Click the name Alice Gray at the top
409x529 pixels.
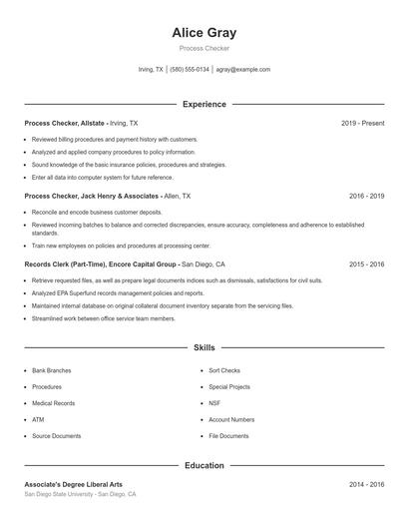click(204, 33)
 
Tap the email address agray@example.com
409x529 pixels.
click(242, 70)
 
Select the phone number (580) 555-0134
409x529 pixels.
click(190, 70)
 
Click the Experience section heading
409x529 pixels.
click(204, 104)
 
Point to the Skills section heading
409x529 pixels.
click(204, 347)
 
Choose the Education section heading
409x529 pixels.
click(204, 465)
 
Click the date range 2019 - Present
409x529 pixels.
click(362, 123)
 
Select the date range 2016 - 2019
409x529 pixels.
click(366, 197)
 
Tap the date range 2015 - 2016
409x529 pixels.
click(366, 264)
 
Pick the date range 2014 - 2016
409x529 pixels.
click(366, 484)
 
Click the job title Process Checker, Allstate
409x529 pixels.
click(64, 123)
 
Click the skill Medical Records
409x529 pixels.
click(53, 403)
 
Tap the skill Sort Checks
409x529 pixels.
click(224, 370)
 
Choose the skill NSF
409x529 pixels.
click(213, 403)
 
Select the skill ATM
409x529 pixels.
click(37, 419)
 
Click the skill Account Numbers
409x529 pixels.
click(231, 419)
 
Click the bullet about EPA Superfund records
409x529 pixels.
click(118, 293)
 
